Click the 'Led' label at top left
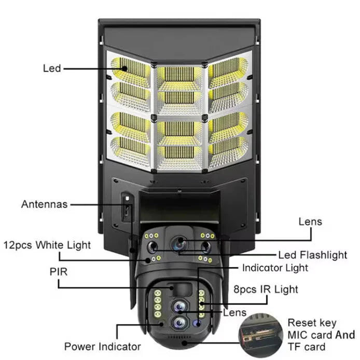52,68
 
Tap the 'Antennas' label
44,204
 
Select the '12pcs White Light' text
47,245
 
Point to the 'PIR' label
58,271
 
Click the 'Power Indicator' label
102,346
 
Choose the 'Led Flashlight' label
313,254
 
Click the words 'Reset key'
312,323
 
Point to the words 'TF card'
307,347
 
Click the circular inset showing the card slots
258,335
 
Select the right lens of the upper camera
206,246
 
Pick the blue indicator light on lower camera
197,323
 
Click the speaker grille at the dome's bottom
182,343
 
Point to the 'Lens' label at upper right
310,221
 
